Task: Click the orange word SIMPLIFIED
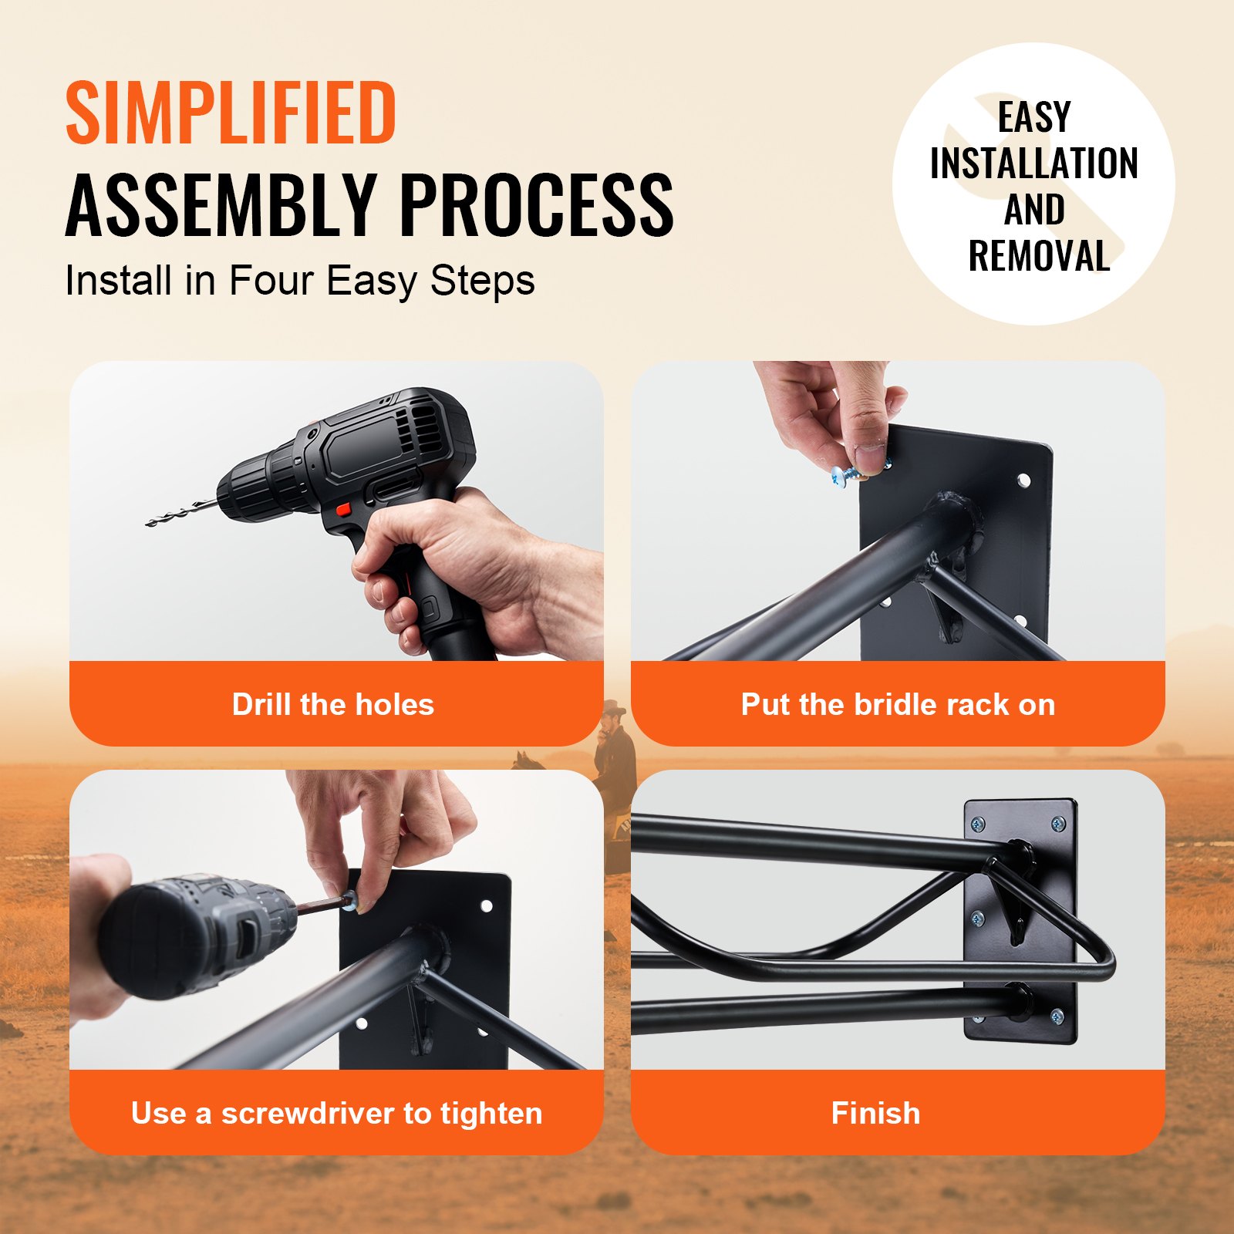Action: pos(231,113)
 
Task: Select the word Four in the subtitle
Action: pos(271,281)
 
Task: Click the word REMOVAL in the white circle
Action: pos(1038,256)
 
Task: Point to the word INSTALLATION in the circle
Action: pos(1033,164)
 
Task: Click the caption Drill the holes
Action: pos(333,704)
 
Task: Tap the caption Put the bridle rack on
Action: pos(898,704)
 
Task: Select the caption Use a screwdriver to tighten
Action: pos(336,1113)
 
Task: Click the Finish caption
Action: pos(875,1113)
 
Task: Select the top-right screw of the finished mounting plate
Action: pos(1057,824)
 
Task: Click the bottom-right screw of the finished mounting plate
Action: pos(1057,1016)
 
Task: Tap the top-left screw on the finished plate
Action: pos(978,824)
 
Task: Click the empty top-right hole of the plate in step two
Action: pos(1023,480)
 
